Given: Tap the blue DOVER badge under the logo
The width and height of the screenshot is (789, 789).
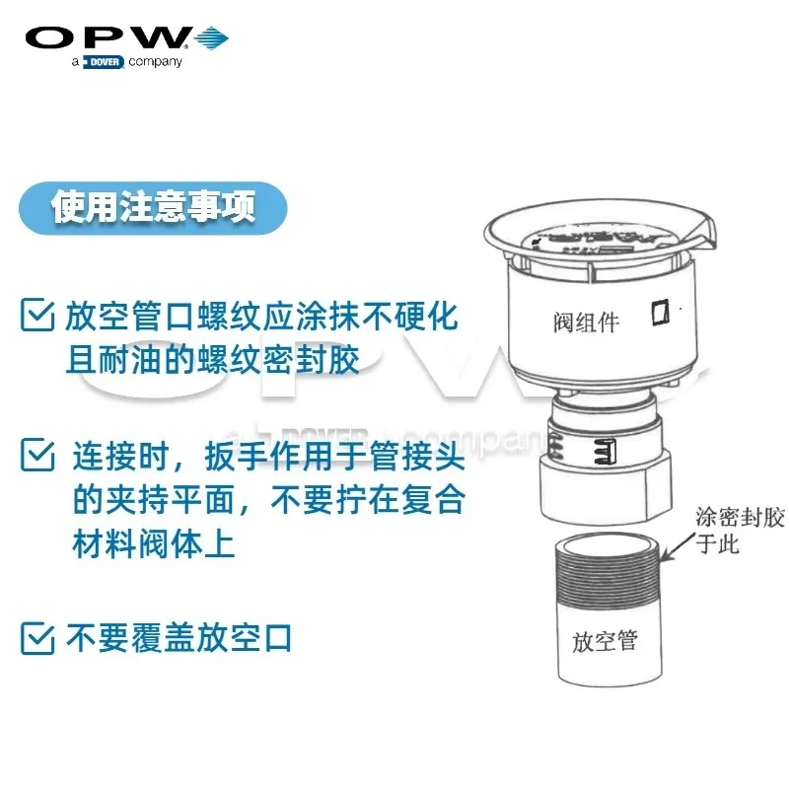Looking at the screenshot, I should (x=103, y=62).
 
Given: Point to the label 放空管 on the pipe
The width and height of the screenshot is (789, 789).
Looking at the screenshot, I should (x=605, y=641).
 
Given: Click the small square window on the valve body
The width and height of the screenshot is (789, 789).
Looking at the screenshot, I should (x=660, y=314).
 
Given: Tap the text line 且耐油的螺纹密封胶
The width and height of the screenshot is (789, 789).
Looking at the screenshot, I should (x=212, y=359).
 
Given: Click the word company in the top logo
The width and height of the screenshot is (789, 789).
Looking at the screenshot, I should (x=156, y=62).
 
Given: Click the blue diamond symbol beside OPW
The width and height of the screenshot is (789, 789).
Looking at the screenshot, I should (x=211, y=38).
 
